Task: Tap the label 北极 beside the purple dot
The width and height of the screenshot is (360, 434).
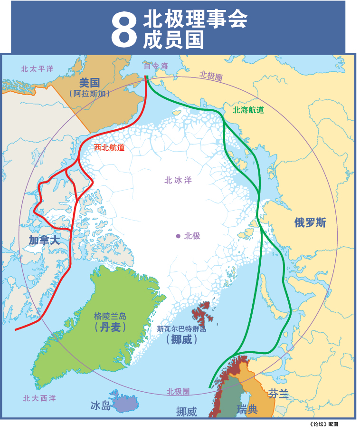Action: (192, 236)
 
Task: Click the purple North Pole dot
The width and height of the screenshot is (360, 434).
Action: (178, 236)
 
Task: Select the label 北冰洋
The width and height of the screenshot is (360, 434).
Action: (178, 180)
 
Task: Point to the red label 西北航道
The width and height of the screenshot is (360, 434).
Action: (109, 147)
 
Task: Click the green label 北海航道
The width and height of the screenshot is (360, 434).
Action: (248, 110)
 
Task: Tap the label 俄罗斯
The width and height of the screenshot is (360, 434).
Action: (310, 222)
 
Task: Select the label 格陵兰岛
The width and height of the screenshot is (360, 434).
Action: (110, 316)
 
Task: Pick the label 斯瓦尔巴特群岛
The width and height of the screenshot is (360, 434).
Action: (182, 328)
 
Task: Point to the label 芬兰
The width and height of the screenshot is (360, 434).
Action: (278, 394)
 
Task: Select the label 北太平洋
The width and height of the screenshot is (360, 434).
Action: (38, 69)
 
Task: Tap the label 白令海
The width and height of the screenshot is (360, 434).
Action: (156, 66)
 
